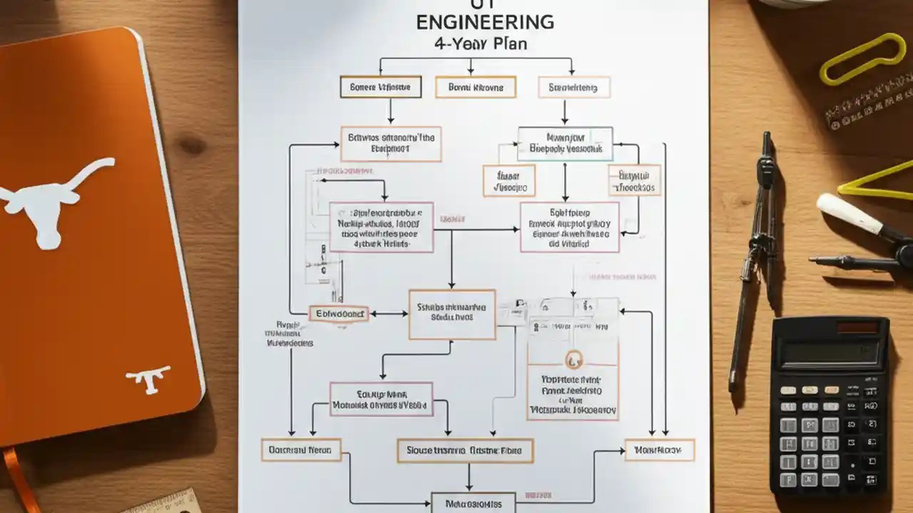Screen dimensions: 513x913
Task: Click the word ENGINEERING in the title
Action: click(484, 21)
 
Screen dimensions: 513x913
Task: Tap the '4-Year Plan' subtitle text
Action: click(481, 43)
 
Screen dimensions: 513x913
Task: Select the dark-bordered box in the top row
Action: click(381, 88)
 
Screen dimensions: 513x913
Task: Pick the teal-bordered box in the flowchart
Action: click(565, 144)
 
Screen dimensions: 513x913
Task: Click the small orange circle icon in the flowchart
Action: click(573, 359)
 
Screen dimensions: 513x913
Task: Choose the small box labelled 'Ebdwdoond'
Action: click(339, 313)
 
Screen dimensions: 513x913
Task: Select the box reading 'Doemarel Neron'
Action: click(301, 450)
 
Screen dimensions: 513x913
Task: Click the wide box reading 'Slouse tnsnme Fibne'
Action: click(464, 450)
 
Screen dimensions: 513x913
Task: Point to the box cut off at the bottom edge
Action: click(473, 504)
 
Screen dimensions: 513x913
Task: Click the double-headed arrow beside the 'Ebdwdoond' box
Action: click(389, 313)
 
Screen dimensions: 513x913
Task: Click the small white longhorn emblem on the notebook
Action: click(148, 378)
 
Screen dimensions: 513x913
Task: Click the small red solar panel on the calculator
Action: click(857, 328)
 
